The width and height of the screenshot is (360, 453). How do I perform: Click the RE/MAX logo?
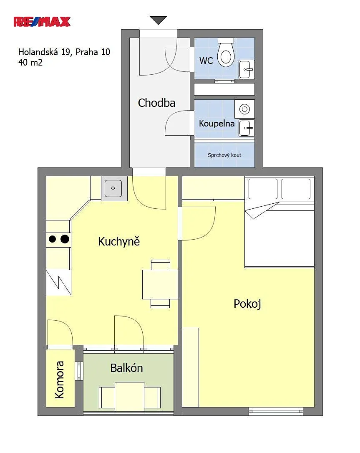tap(42, 22)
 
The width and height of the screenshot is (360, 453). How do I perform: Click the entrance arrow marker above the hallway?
tap(158, 20)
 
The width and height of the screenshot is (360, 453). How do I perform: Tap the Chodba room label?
tap(156, 103)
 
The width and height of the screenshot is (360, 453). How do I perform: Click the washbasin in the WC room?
tap(247, 69)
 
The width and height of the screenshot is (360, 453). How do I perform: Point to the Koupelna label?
tap(217, 124)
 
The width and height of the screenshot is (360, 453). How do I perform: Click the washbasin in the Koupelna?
tap(247, 128)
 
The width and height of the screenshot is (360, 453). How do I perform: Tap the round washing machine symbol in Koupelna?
tap(244, 109)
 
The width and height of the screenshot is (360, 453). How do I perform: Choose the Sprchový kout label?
tap(224, 155)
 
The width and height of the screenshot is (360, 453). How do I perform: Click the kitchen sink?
tap(113, 188)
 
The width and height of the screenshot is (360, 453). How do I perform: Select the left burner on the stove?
tap(52, 239)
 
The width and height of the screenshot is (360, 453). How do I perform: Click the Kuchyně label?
tap(119, 241)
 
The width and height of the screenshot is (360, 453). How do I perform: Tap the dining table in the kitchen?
tap(160, 284)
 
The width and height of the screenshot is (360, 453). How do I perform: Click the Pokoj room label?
tap(247, 304)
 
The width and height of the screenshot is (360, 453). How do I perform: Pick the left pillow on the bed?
tap(263, 189)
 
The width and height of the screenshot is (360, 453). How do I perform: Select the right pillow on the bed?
tap(296, 189)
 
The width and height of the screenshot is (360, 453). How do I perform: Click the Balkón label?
tap(126, 368)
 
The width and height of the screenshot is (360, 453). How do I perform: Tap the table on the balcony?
tap(130, 397)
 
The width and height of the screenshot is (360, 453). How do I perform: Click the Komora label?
tap(60, 380)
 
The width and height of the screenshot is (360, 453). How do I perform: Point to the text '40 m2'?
tap(30, 62)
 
